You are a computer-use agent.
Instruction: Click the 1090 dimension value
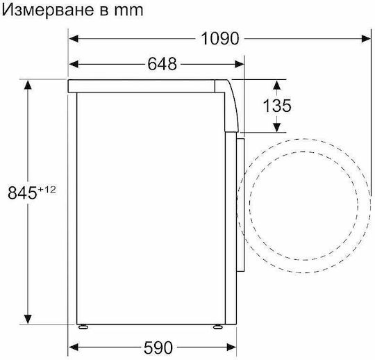tap(219, 38)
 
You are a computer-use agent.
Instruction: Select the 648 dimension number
tap(162, 64)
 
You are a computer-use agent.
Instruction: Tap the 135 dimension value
tap(277, 106)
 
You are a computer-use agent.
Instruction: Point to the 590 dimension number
tap(158, 347)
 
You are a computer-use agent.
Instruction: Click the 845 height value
tap(22, 193)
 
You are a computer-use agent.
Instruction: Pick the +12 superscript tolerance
tap(47, 190)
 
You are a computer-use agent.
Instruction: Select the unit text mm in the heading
tap(128, 10)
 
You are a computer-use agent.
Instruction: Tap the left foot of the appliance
tap(83, 327)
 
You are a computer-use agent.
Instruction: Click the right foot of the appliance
tap(218, 327)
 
